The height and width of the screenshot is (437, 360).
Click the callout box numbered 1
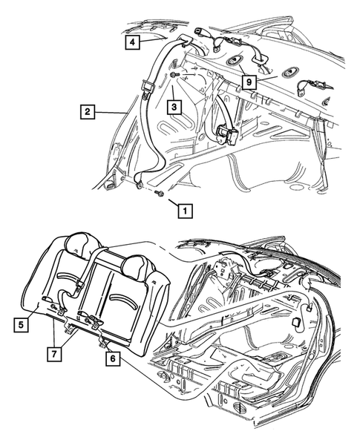click(182, 208)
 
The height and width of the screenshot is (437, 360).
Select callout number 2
click(87, 113)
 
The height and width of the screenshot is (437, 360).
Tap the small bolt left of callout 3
click(173, 76)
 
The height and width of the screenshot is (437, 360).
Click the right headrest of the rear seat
click(138, 263)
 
